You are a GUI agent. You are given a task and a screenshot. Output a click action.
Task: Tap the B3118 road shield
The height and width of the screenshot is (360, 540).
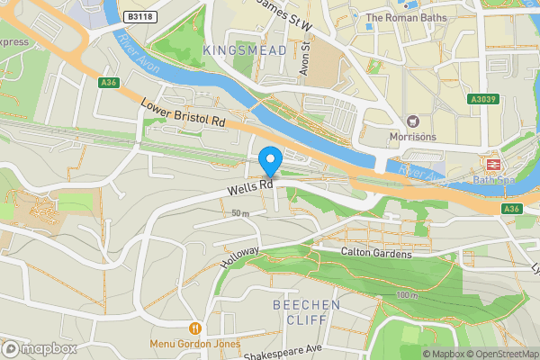pyautogui.click(x=139, y=16)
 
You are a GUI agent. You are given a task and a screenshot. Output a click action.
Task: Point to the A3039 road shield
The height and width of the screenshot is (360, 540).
pyautogui.click(x=481, y=101)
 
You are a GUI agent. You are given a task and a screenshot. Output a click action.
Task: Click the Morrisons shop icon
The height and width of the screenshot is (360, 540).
pyautogui.click(x=413, y=121)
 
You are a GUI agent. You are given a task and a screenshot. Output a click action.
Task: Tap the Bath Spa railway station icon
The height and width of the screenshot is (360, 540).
pyautogui.click(x=493, y=165)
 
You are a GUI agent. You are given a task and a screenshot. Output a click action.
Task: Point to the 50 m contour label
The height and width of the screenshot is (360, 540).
pyautogui.click(x=239, y=213)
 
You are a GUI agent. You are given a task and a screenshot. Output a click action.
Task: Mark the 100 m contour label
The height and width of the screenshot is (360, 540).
pyautogui.click(x=407, y=295)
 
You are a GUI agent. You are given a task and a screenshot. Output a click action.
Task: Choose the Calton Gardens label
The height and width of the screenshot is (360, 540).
pyautogui.click(x=376, y=254)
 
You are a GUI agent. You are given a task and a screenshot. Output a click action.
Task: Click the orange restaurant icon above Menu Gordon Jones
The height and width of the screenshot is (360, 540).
pyautogui.click(x=194, y=327)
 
